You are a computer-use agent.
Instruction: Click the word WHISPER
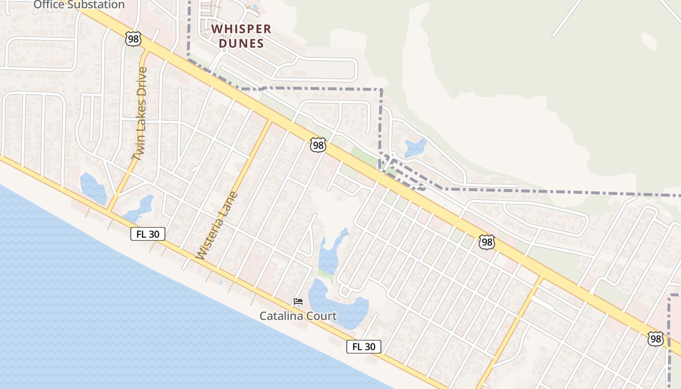point(241,29)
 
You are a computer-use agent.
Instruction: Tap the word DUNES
point(241,43)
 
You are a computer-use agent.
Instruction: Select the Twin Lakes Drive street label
point(139,114)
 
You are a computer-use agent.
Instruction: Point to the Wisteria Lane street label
point(217,225)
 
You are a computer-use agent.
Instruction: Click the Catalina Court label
point(298,316)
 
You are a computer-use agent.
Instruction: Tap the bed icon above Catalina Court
point(298,301)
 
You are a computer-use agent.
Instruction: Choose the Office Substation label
point(79,5)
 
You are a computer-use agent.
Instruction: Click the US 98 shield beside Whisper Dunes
point(133,39)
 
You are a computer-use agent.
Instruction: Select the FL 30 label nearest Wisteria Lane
point(148,234)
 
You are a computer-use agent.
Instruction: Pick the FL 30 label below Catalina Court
point(363,347)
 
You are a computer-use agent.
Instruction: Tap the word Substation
point(96,5)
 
